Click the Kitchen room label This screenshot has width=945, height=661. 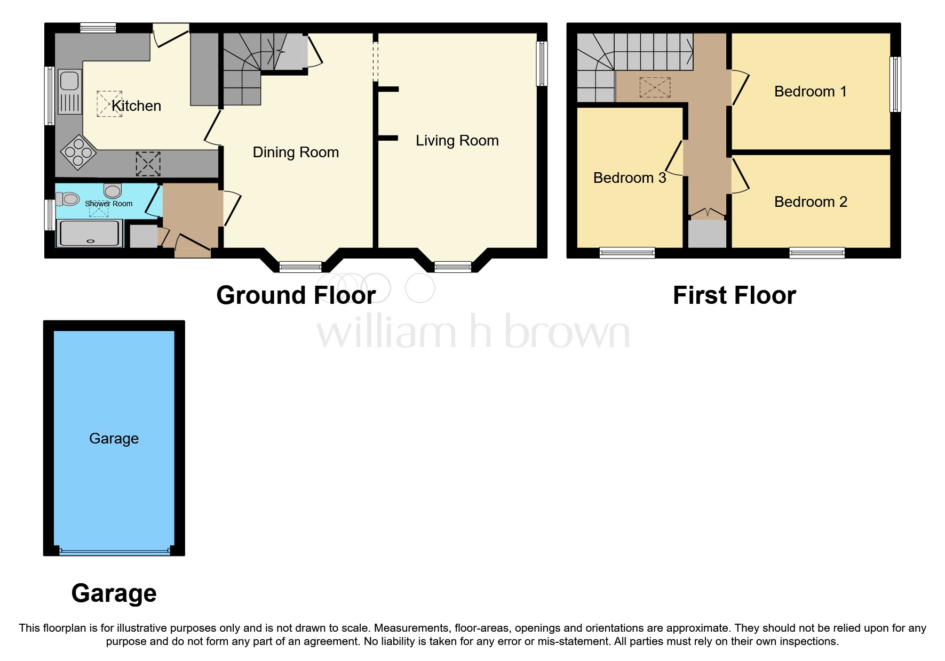pyautogui.click(x=136, y=106)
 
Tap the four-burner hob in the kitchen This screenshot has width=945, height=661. pyautogui.click(x=78, y=152)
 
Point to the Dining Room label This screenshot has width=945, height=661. pyautogui.click(x=296, y=152)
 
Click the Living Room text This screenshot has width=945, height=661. pyautogui.click(x=457, y=141)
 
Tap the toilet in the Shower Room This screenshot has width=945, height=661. pyautogui.click(x=68, y=199)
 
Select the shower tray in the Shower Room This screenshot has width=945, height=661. pyautogui.click(x=89, y=233)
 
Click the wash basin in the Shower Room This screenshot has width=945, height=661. pyautogui.click(x=113, y=190)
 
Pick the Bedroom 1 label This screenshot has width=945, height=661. pyautogui.click(x=810, y=92)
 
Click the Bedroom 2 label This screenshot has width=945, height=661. pyautogui.click(x=810, y=202)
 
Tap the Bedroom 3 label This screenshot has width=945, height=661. pyautogui.click(x=629, y=178)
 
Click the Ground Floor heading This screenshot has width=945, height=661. pyautogui.click(x=296, y=295)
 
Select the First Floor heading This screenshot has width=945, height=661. pyautogui.click(x=734, y=295)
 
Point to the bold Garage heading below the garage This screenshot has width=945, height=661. pyautogui.click(x=114, y=593)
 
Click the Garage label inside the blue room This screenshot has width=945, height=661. pyautogui.click(x=114, y=439)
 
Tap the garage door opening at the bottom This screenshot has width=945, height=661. pyautogui.click(x=114, y=552)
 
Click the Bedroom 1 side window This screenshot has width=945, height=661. pyautogui.click(x=895, y=84)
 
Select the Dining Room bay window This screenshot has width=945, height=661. pyautogui.click(x=300, y=267)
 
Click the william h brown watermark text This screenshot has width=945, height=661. pyautogui.click(x=473, y=332)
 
